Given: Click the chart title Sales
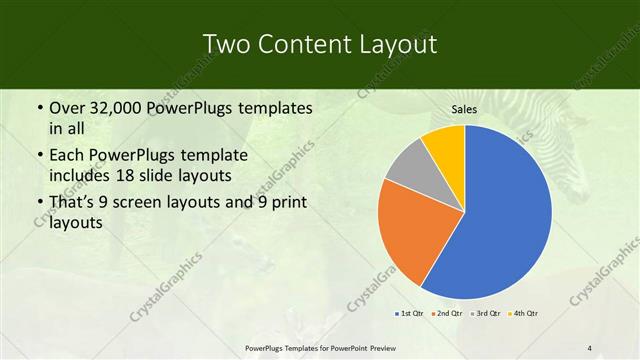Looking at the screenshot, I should (x=464, y=109).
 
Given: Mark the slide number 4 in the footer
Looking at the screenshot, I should (x=590, y=348).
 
